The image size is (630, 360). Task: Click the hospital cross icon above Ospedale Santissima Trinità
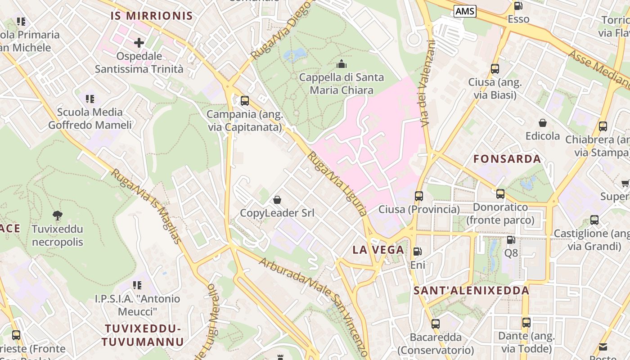pyautogui.click(x=139, y=43)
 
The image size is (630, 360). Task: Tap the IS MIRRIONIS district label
pyautogui.click(x=152, y=16)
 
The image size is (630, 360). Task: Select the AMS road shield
pyautogui.click(x=464, y=11)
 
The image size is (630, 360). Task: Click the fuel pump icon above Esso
pyautogui.click(x=518, y=6)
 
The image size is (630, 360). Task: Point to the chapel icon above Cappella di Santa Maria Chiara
pyautogui.click(x=342, y=64)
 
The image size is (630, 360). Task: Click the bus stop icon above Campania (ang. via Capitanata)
pyautogui.click(x=244, y=101)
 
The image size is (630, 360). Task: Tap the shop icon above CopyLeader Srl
pyautogui.click(x=277, y=199)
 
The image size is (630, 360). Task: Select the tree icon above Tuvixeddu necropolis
pyautogui.click(x=57, y=215)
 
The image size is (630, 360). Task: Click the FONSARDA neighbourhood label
pyautogui.click(x=507, y=159)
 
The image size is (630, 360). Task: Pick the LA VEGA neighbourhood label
pyautogui.click(x=378, y=250)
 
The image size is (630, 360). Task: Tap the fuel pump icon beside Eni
pyautogui.click(x=418, y=252)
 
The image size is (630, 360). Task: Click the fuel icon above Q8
pyautogui.click(x=511, y=240)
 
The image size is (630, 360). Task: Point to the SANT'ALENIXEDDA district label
pyautogui.click(x=472, y=291)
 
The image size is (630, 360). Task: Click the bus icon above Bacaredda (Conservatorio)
pyautogui.click(x=435, y=324)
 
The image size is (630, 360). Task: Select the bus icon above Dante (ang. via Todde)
pyautogui.click(x=526, y=323)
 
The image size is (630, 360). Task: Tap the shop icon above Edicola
pyautogui.click(x=543, y=123)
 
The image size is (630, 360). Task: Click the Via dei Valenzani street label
pyautogui.click(x=426, y=83)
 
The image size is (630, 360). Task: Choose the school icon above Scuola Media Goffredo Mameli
pyautogui.click(x=90, y=99)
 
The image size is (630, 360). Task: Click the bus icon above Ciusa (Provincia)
pyautogui.click(x=419, y=196)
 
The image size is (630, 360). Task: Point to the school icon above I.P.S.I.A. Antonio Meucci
pyautogui.click(x=137, y=285)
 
